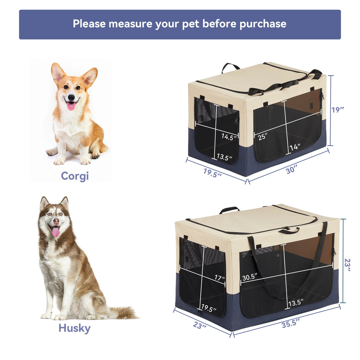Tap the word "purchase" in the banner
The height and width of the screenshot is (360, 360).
click(x=263, y=24)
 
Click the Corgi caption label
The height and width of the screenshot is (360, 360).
click(x=75, y=176)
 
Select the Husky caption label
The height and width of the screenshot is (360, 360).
click(x=74, y=328)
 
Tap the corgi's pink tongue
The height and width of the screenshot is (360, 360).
click(x=71, y=106)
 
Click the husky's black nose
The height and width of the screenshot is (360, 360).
click(x=56, y=221)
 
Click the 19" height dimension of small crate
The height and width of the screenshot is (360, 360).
click(x=338, y=110)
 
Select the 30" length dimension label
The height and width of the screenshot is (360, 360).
click(x=291, y=170)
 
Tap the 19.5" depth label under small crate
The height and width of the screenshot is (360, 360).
click(x=212, y=173)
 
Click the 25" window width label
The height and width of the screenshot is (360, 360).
click(x=262, y=137)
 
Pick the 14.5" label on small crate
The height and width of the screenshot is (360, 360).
click(x=229, y=137)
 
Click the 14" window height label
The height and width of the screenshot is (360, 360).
click(x=295, y=147)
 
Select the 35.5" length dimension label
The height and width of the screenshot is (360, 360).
click(x=291, y=323)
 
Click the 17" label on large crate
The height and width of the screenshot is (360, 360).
click(x=220, y=278)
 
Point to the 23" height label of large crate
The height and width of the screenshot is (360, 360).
click(x=347, y=265)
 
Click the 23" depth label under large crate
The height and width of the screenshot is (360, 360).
click(x=200, y=325)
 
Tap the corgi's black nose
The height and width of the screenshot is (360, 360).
click(x=71, y=97)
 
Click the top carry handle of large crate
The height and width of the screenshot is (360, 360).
click(x=229, y=210)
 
